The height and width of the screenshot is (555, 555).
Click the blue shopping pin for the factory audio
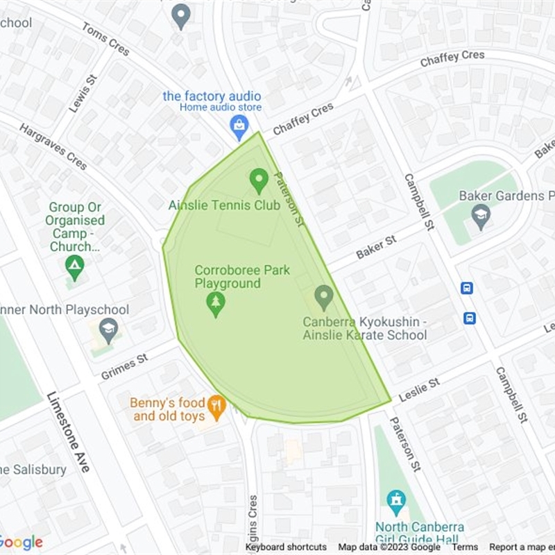click(239, 126)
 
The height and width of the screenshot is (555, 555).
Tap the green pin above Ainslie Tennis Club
click(259, 180)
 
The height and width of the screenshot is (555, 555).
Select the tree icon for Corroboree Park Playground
click(216, 303)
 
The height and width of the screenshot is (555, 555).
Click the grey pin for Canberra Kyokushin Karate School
click(323, 297)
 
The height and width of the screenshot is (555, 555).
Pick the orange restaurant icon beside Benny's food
click(217, 407)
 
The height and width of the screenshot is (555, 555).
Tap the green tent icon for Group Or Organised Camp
click(75, 265)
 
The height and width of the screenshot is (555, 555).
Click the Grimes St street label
click(125, 366)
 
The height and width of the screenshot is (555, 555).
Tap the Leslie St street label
click(419, 390)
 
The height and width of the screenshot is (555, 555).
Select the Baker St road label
click(375, 247)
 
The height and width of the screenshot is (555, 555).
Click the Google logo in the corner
click(22, 543)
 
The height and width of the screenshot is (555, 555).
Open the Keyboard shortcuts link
click(286, 547)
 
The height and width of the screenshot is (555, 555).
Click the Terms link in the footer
click(465, 547)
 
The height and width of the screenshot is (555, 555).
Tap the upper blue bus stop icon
click(467, 287)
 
